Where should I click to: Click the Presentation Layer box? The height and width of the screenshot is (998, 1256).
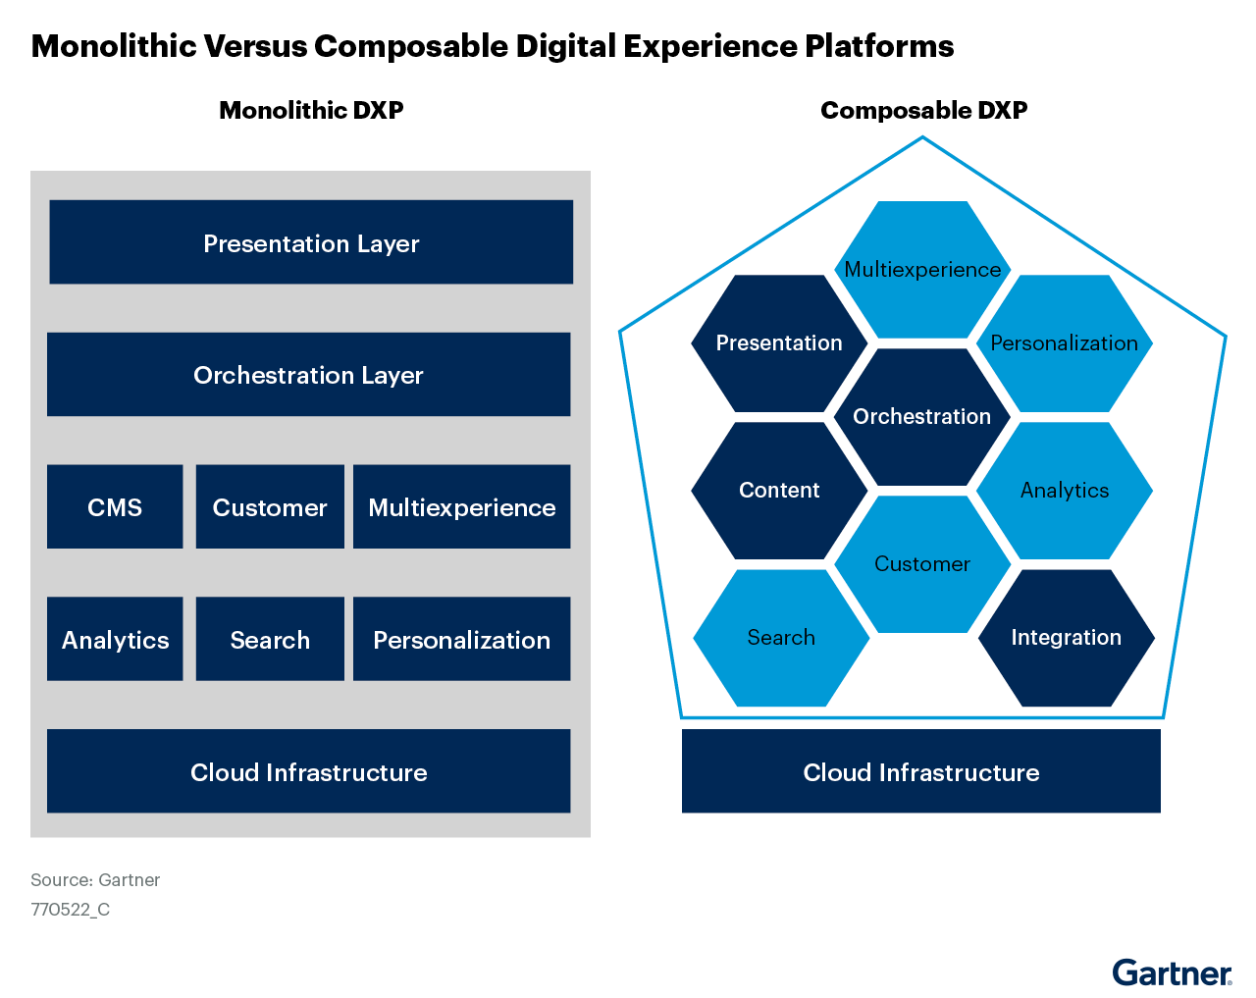[x=311, y=242]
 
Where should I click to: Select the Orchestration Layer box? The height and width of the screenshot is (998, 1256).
[x=309, y=374]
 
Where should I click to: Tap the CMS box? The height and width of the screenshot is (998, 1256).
[x=115, y=506]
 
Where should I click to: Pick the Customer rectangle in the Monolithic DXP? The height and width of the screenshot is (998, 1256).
[x=270, y=506]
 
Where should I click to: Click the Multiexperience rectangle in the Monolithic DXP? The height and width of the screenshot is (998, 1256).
[x=461, y=506]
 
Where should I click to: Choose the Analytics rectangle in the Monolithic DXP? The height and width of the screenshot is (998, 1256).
[x=115, y=639]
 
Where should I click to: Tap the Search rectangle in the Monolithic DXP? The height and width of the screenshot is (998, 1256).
[x=270, y=639]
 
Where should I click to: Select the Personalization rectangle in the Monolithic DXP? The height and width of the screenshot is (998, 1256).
[x=461, y=639]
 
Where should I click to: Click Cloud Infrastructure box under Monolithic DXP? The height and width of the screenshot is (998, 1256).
[x=309, y=771]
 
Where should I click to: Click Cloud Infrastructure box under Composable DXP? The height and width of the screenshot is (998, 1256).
[x=921, y=771]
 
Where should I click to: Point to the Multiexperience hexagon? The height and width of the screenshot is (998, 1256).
[x=922, y=270]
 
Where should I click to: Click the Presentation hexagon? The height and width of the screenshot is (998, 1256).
[x=779, y=343]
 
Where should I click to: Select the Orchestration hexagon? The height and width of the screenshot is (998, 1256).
[x=922, y=417]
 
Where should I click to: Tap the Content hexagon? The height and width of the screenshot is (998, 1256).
[x=779, y=491]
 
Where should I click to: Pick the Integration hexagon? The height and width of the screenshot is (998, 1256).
[x=1067, y=638]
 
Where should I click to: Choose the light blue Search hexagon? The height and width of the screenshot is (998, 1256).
[x=781, y=638]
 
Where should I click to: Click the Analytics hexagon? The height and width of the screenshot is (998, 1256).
[x=1065, y=491]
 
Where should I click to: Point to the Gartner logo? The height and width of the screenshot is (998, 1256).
[x=1172, y=972]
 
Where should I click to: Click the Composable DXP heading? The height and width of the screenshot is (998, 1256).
[x=924, y=110]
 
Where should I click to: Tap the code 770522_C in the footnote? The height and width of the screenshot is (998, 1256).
[x=70, y=910]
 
